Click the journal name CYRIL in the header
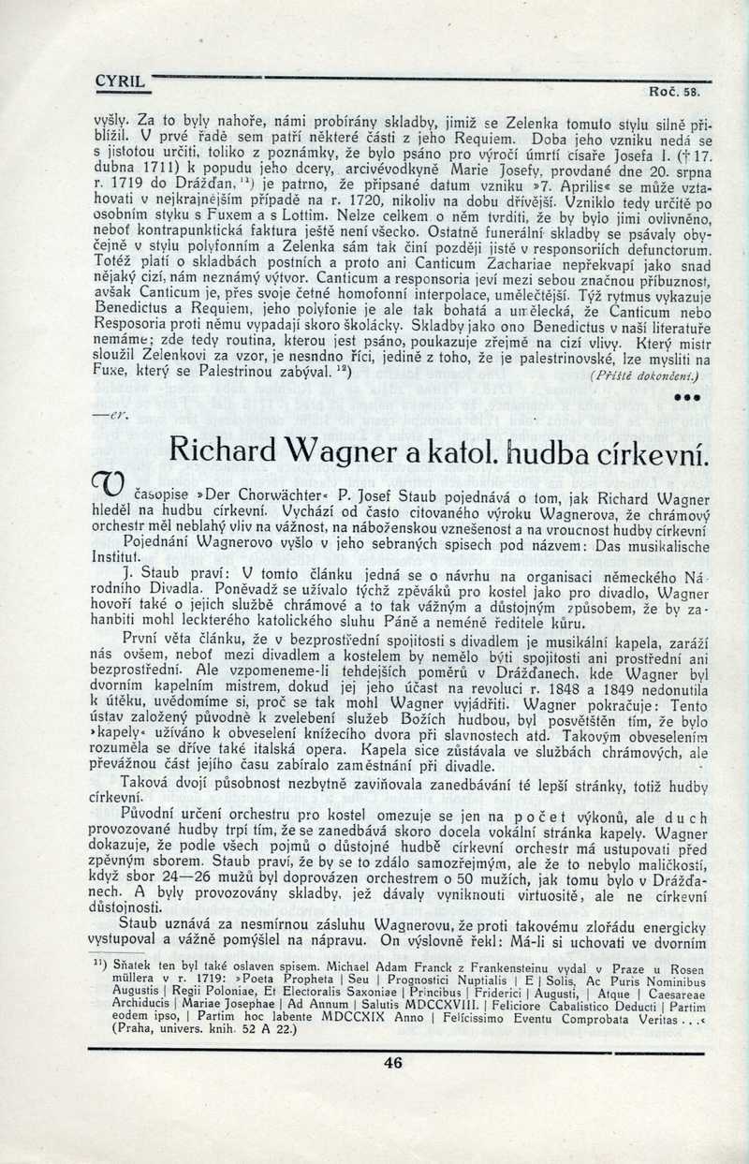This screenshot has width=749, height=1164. (x=120, y=81)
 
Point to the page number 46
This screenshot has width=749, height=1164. (x=393, y=1062)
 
